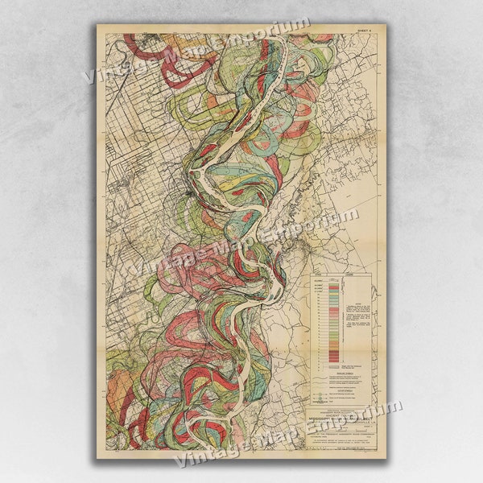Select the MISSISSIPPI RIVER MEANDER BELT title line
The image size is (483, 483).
point(342,419)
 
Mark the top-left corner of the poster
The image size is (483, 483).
point(97,23)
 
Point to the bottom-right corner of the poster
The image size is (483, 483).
point(386,459)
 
